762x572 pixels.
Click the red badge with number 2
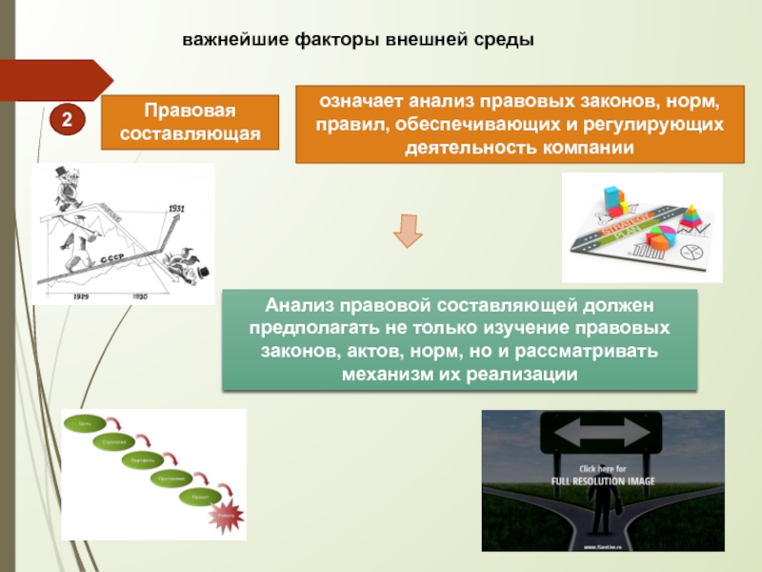coord(68,119)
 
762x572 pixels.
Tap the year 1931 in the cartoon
coord(175,208)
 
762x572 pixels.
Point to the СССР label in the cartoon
coord(110,258)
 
